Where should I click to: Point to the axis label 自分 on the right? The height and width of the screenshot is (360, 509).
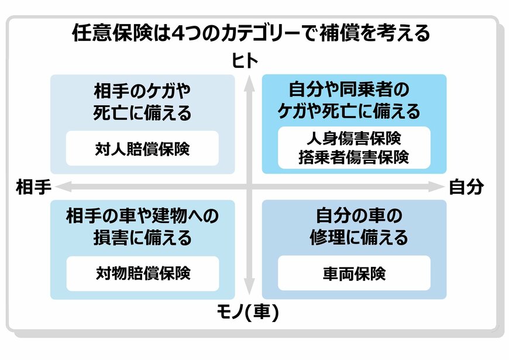pos(466,187)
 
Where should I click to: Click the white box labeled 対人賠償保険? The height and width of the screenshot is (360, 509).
pos(142,149)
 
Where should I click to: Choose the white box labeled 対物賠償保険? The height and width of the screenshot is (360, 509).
pos(142,273)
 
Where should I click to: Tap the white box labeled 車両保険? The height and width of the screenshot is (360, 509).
pos(354,273)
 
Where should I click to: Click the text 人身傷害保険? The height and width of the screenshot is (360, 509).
pos(354,140)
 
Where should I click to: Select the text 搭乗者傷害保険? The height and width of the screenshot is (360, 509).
pos(354,157)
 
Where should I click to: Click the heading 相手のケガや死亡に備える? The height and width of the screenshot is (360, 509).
pos(142,102)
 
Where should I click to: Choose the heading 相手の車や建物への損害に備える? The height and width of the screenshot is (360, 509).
pos(142,228)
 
